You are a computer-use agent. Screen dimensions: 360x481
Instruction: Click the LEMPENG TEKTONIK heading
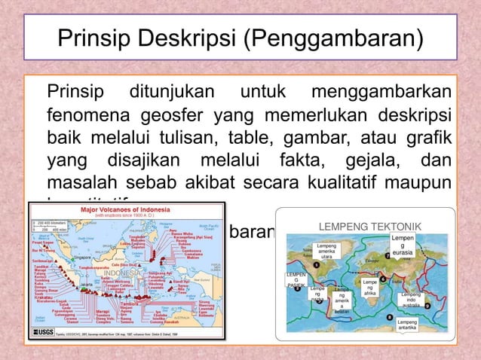pos(369,226)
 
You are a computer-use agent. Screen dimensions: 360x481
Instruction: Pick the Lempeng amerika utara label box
pos(326,252)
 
